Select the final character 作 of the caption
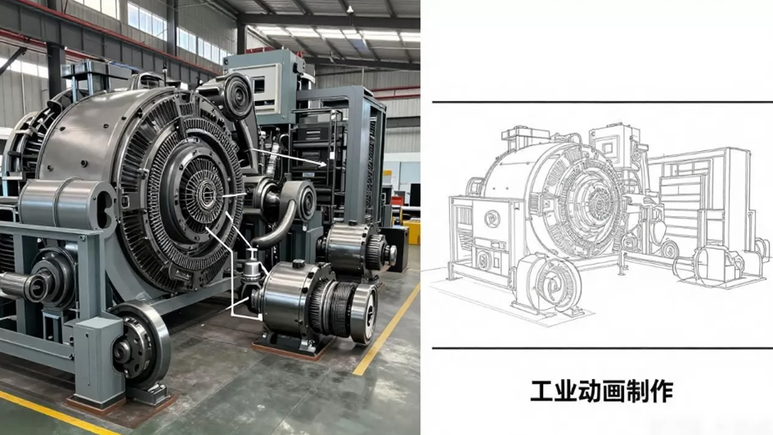point(662,391)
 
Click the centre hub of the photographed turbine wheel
point(207,193)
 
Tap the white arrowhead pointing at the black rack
point(322,165)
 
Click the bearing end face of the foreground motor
point(364,314)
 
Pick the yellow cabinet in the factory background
point(412,232)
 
